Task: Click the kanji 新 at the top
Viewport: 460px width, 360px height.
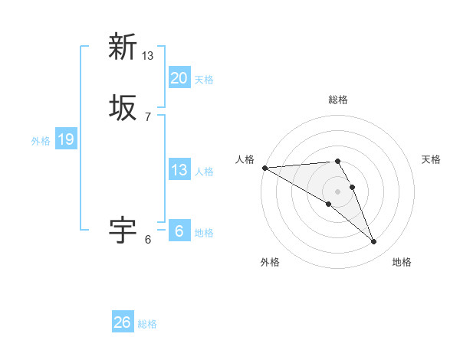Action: [123, 47]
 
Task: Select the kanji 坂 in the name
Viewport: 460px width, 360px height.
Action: [123, 107]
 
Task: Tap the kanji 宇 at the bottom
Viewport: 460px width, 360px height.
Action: [123, 229]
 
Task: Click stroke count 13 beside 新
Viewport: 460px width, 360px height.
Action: [148, 56]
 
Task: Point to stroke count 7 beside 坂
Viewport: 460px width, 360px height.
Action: [148, 116]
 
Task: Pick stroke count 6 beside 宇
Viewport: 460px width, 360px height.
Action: [148, 239]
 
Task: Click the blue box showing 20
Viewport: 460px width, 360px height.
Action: [179, 77]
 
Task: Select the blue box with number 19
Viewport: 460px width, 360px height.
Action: [66, 139]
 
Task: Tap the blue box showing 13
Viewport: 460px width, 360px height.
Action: [179, 170]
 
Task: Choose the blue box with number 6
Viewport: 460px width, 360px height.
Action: [179, 231]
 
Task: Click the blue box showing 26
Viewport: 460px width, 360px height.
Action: [123, 322]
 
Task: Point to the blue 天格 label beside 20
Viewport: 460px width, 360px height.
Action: [204, 80]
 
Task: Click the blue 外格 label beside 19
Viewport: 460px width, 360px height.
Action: [41, 141]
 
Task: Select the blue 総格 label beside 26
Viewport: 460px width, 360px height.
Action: [147, 324]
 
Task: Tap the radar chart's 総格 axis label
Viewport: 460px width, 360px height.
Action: [338, 100]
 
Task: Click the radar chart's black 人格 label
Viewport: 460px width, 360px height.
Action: [245, 159]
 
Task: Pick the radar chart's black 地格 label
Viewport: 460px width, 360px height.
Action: [402, 262]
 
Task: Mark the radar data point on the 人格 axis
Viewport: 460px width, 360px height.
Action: [264, 168]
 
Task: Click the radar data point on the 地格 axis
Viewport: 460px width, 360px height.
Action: [374, 242]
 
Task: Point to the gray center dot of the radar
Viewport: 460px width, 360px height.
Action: [338, 191]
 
